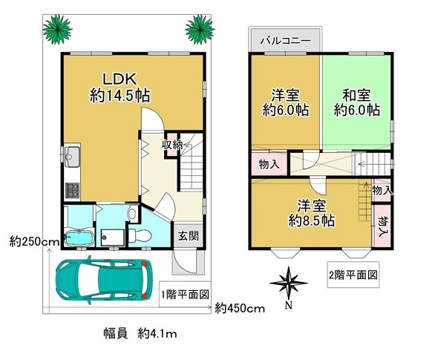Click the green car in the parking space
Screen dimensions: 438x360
[104, 280]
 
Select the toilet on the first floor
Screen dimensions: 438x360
[140, 235]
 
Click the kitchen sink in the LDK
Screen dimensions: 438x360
[72, 157]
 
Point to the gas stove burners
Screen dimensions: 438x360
[72, 190]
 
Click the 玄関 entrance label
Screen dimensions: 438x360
[189, 236]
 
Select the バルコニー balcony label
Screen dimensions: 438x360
[286, 41]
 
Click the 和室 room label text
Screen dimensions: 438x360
[357, 96]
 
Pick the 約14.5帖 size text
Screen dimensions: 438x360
[120, 96]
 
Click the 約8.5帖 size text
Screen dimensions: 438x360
[312, 221]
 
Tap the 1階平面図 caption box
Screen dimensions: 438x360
[185, 294]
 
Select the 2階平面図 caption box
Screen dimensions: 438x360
[353, 275]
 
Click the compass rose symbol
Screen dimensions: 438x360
[289, 282]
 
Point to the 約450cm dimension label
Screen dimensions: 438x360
[240, 308]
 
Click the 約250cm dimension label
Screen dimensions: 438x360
[34, 241]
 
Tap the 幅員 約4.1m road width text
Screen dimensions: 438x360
[140, 333]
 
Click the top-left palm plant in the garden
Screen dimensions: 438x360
[58, 30]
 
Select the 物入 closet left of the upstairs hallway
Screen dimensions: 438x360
[269, 164]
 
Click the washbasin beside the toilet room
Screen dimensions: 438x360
[132, 214]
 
